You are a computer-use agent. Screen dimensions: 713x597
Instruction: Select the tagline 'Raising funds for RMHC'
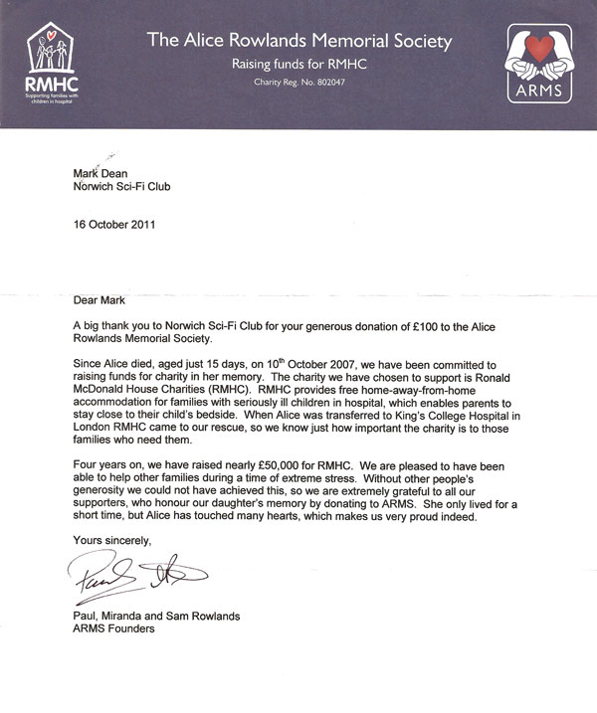[298, 62]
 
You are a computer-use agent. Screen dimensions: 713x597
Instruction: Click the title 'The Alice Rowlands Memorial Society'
[298, 41]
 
